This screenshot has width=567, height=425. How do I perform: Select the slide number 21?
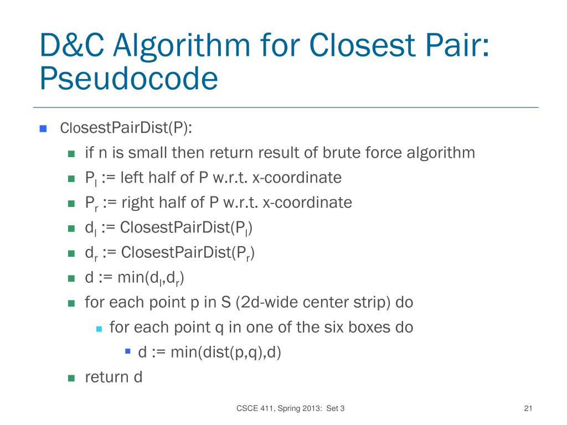click(527, 409)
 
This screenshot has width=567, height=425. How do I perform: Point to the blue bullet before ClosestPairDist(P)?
click(43, 128)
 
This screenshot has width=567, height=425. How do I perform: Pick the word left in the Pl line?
click(134, 178)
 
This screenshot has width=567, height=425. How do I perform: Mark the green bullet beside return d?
click(71, 379)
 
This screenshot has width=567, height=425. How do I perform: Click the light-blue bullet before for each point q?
click(99, 328)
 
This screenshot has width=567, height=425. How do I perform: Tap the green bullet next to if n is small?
click(71, 153)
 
